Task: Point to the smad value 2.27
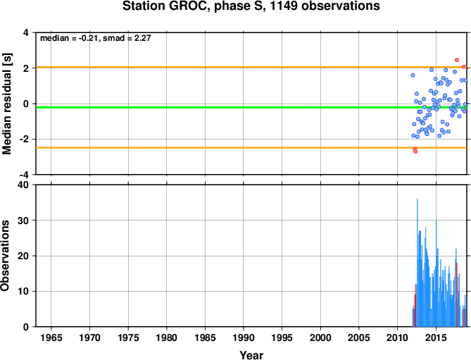pyautogui.click(x=142, y=38)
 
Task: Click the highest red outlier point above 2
pyautogui.click(x=457, y=60)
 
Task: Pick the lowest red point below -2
pyautogui.click(x=415, y=151)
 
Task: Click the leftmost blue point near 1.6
pyautogui.click(x=413, y=75)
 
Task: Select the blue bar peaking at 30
pyautogui.click(x=437, y=273)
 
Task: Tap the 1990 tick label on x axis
pyautogui.click(x=244, y=337)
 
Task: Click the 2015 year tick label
pyautogui.click(x=436, y=337)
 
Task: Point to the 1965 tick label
pyautogui.click(x=51, y=337)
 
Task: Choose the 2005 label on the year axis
pyautogui.click(x=358, y=337)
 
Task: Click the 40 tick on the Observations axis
pyautogui.click(x=25, y=185)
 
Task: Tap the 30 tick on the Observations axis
pyautogui.click(x=25, y=221)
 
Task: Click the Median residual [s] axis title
pyautogui.click(x=6, y=104)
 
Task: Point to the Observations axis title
pyautogui.click(x=5, y=256)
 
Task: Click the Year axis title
pyautogui.click(x=251, y=355)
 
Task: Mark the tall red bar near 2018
pyautogui.click(x=457, y=294)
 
